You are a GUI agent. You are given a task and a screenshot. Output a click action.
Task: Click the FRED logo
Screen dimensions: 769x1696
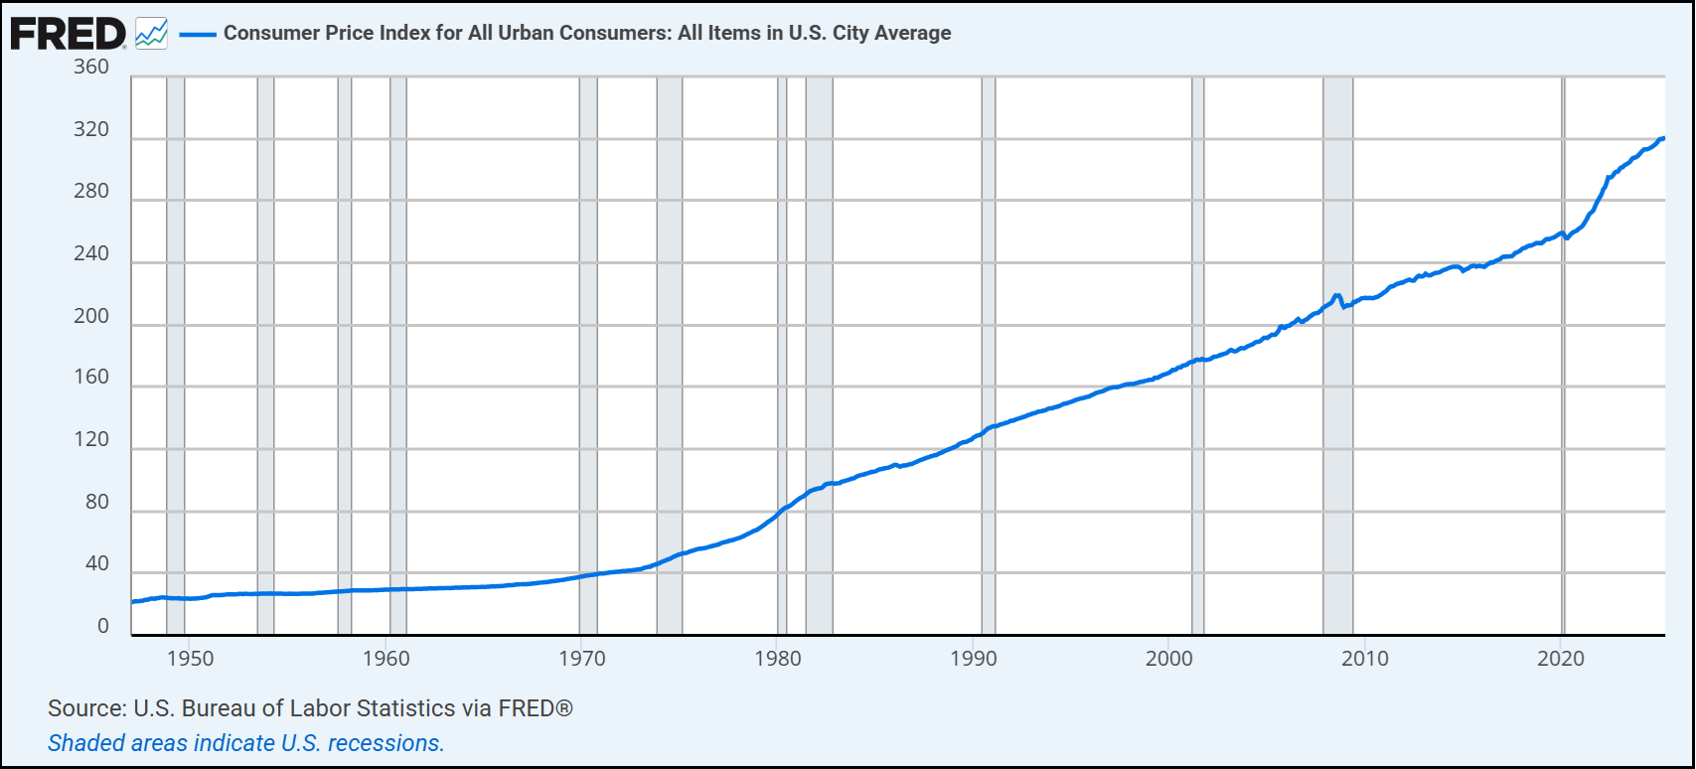[68, 34]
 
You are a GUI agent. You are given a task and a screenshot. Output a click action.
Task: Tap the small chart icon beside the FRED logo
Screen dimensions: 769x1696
[151, 34]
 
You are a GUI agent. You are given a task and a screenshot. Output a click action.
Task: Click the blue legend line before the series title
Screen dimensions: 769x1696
[198, 34]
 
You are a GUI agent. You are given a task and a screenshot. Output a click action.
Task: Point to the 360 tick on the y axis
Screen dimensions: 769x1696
[91, 68]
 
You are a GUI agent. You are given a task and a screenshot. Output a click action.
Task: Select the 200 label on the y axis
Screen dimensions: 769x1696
[91, 317]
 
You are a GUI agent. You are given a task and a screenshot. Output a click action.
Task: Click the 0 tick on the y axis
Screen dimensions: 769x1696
[103, 627]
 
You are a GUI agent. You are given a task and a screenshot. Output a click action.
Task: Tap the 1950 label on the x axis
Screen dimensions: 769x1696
[190, 659]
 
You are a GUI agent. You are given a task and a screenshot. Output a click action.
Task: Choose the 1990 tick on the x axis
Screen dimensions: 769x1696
[974, 659]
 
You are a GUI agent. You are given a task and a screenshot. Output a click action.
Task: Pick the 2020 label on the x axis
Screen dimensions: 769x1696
[1561, 659]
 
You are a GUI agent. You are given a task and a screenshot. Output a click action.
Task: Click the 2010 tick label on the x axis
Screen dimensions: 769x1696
[1365, 659]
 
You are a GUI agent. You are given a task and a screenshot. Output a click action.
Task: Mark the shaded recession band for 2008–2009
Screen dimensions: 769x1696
[1337, 397]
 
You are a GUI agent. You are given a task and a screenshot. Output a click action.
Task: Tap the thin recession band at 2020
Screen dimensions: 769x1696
[1564, 397]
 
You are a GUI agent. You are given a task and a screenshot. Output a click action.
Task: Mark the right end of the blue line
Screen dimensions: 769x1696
[1663, 139]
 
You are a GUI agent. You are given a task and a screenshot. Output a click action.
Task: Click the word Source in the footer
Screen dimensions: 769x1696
[83, 708]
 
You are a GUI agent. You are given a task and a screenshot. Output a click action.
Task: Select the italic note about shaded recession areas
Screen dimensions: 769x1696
[245, 743]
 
